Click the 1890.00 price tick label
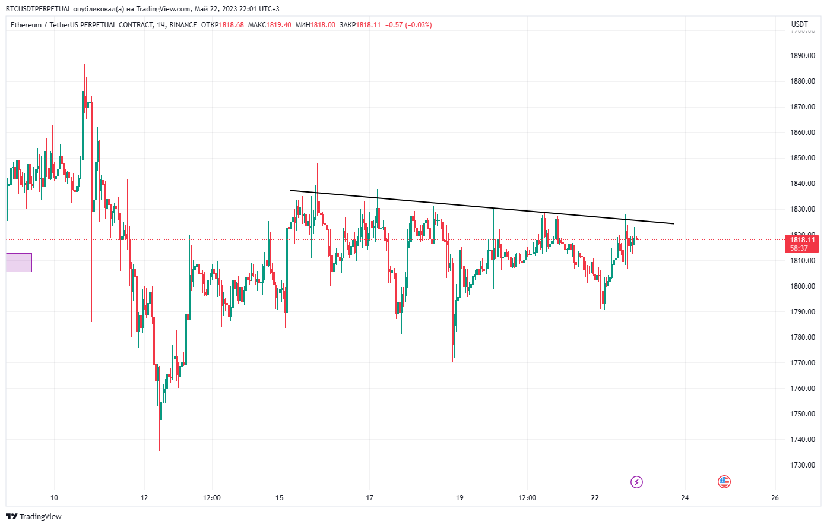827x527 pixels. [x=802, y=56]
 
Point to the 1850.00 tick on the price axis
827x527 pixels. [x=802, y=158]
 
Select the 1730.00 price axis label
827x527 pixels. [x=802, y=465]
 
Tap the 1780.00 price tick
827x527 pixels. [x=802, y=337]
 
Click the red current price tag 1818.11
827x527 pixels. [x=802, y=240]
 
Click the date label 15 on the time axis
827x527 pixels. [x=280, y=498]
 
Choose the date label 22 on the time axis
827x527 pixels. [x=595, y=498]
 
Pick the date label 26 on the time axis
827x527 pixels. [x=775, y=498]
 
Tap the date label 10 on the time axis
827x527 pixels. [x=55, y=498]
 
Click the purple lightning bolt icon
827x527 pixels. [x=636, y=482]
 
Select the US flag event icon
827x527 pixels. [x=724, y=482]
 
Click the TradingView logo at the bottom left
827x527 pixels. [x=34, y=516]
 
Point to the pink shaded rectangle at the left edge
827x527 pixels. [x=19, y=263]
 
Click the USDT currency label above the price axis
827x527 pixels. [x=800, y=24]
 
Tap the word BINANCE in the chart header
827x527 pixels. [x=183, y=25]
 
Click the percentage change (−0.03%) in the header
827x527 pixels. [x=418, y=25]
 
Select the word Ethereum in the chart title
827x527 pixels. [x=26, y=25]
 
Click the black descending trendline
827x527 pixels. [x=481, y=207]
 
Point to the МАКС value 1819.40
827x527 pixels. [x=278, y=25]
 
